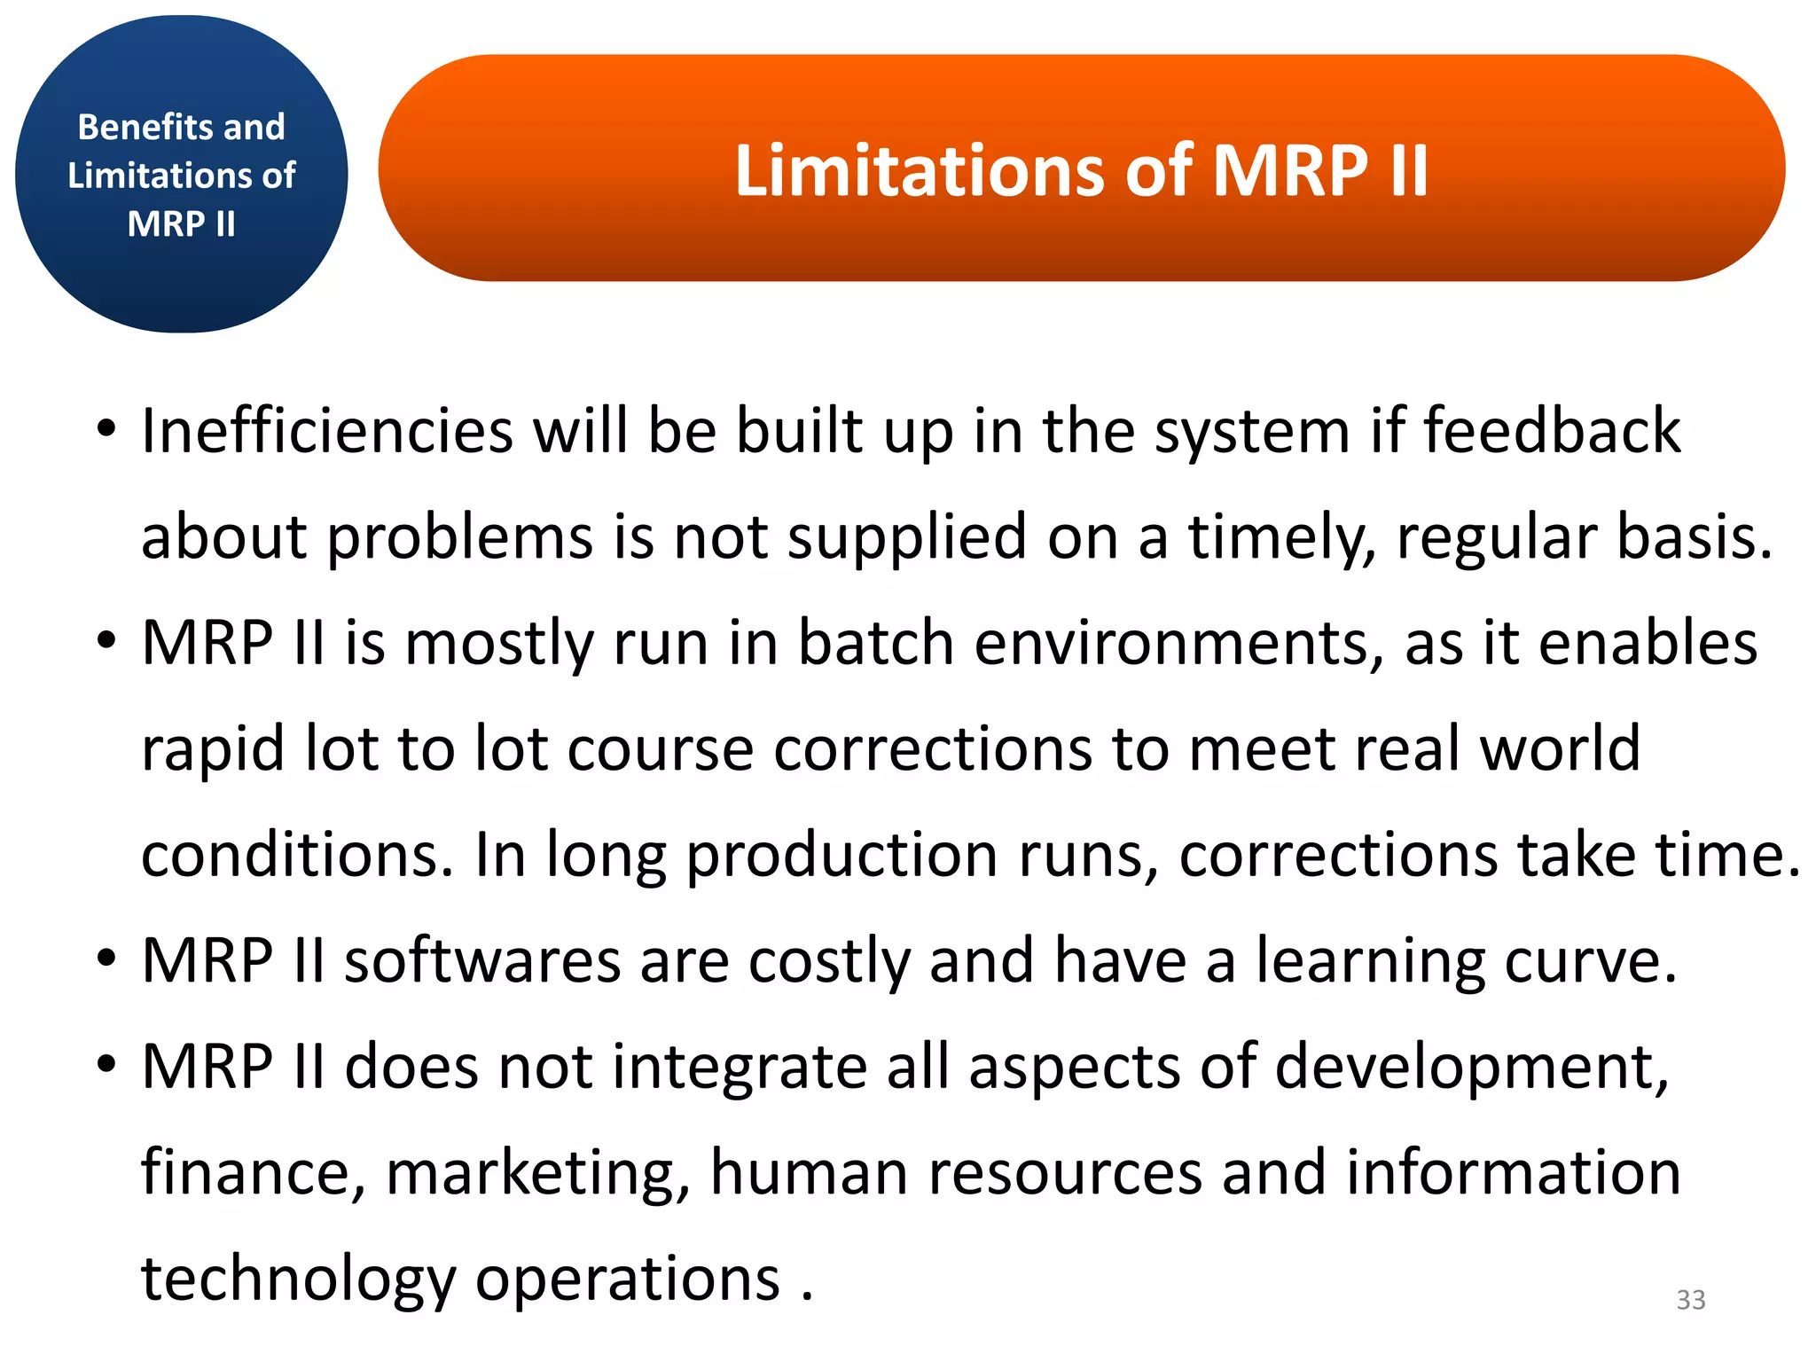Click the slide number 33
click(1690, 1299)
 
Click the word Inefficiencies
click(327, 431)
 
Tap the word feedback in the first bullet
click(1552, 431)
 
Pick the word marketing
click(537, 1173)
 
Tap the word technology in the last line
click(298, 1280)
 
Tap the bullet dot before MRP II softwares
click(106, 959)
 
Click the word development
click(1472, 1068)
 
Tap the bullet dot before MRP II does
click(106, 1065)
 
